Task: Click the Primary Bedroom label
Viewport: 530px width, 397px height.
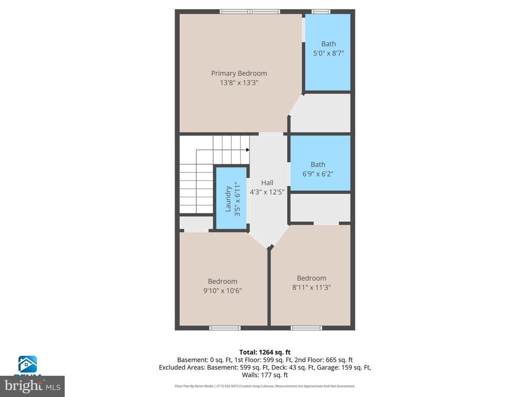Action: (x=239, y=73)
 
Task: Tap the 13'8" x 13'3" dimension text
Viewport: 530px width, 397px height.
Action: (x=239, y=83)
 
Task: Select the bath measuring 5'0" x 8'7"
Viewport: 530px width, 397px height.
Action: (x=328, y=52)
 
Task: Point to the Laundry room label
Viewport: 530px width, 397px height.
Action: (x=228, y=199)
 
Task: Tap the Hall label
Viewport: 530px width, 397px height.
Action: (x=267, y=182)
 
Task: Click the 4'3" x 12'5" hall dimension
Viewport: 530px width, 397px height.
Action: (x=267, y=192)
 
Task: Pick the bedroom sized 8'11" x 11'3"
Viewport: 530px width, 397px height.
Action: (x=312, y=282)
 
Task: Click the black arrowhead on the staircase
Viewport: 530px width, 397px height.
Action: (x=247, y=150)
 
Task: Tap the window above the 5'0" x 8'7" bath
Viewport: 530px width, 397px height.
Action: (x=321, y=11)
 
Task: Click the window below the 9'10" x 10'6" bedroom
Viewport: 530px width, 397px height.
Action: (x=225, y=328)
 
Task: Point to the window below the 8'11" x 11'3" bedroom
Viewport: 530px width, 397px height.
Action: (x=306, y=328)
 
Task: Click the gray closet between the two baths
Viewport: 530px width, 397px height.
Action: (x=321, y=113)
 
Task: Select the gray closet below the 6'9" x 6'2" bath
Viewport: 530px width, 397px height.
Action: (x=320, y=208)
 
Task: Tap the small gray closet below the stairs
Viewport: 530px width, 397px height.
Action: (x=196, y=223)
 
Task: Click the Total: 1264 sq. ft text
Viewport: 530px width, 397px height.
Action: (x=265, y=352)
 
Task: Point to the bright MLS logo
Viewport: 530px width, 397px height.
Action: (x=32, y=386)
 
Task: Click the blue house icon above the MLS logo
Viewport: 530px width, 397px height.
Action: (x=27, y=365)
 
